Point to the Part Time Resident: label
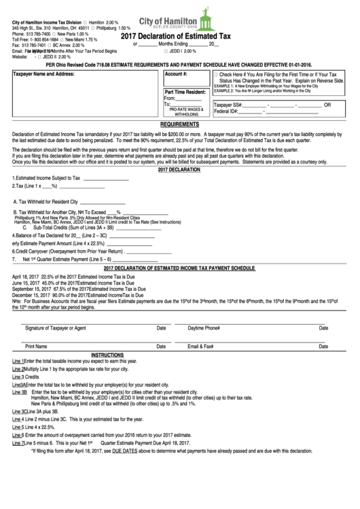pyautogui.click(x=184, y=91)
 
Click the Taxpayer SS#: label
pyautogui.click(x=228, y=105)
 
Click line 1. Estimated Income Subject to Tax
pyautogui.click(x=47, y=177)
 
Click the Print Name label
pyautogui.click(x=36, y=346)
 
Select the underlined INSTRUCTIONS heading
pyautogui.click(x=107, y=355)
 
